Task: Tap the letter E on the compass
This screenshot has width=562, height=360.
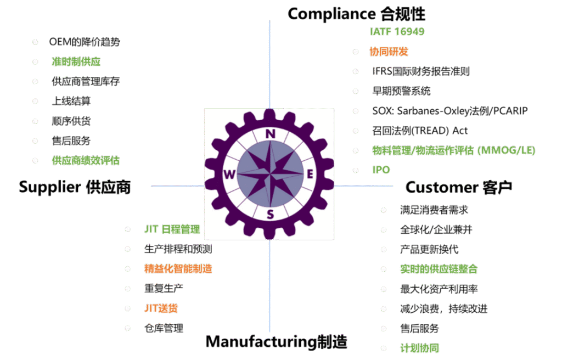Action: pos(310,175)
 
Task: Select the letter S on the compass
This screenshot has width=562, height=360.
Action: pos(270,214)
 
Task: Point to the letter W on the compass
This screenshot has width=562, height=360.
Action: pos(229,175)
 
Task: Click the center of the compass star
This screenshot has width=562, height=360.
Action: pos(269,174)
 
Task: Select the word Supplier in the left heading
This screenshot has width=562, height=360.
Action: pos(49,187)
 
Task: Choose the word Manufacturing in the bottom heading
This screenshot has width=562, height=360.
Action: pos(261,342)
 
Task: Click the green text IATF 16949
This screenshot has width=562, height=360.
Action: pos(397,32)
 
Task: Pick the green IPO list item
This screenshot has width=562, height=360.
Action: pos(381,170)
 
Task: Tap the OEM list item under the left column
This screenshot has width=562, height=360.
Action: pos(85,42)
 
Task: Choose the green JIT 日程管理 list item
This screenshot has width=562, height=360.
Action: pos(172,229)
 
